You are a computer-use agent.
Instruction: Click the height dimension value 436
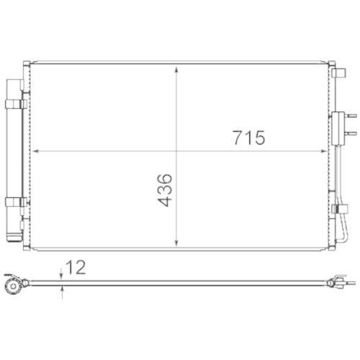coord(165,190)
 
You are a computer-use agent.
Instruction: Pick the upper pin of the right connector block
coord(351,114)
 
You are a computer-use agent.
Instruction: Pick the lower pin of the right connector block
coord(351,131)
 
